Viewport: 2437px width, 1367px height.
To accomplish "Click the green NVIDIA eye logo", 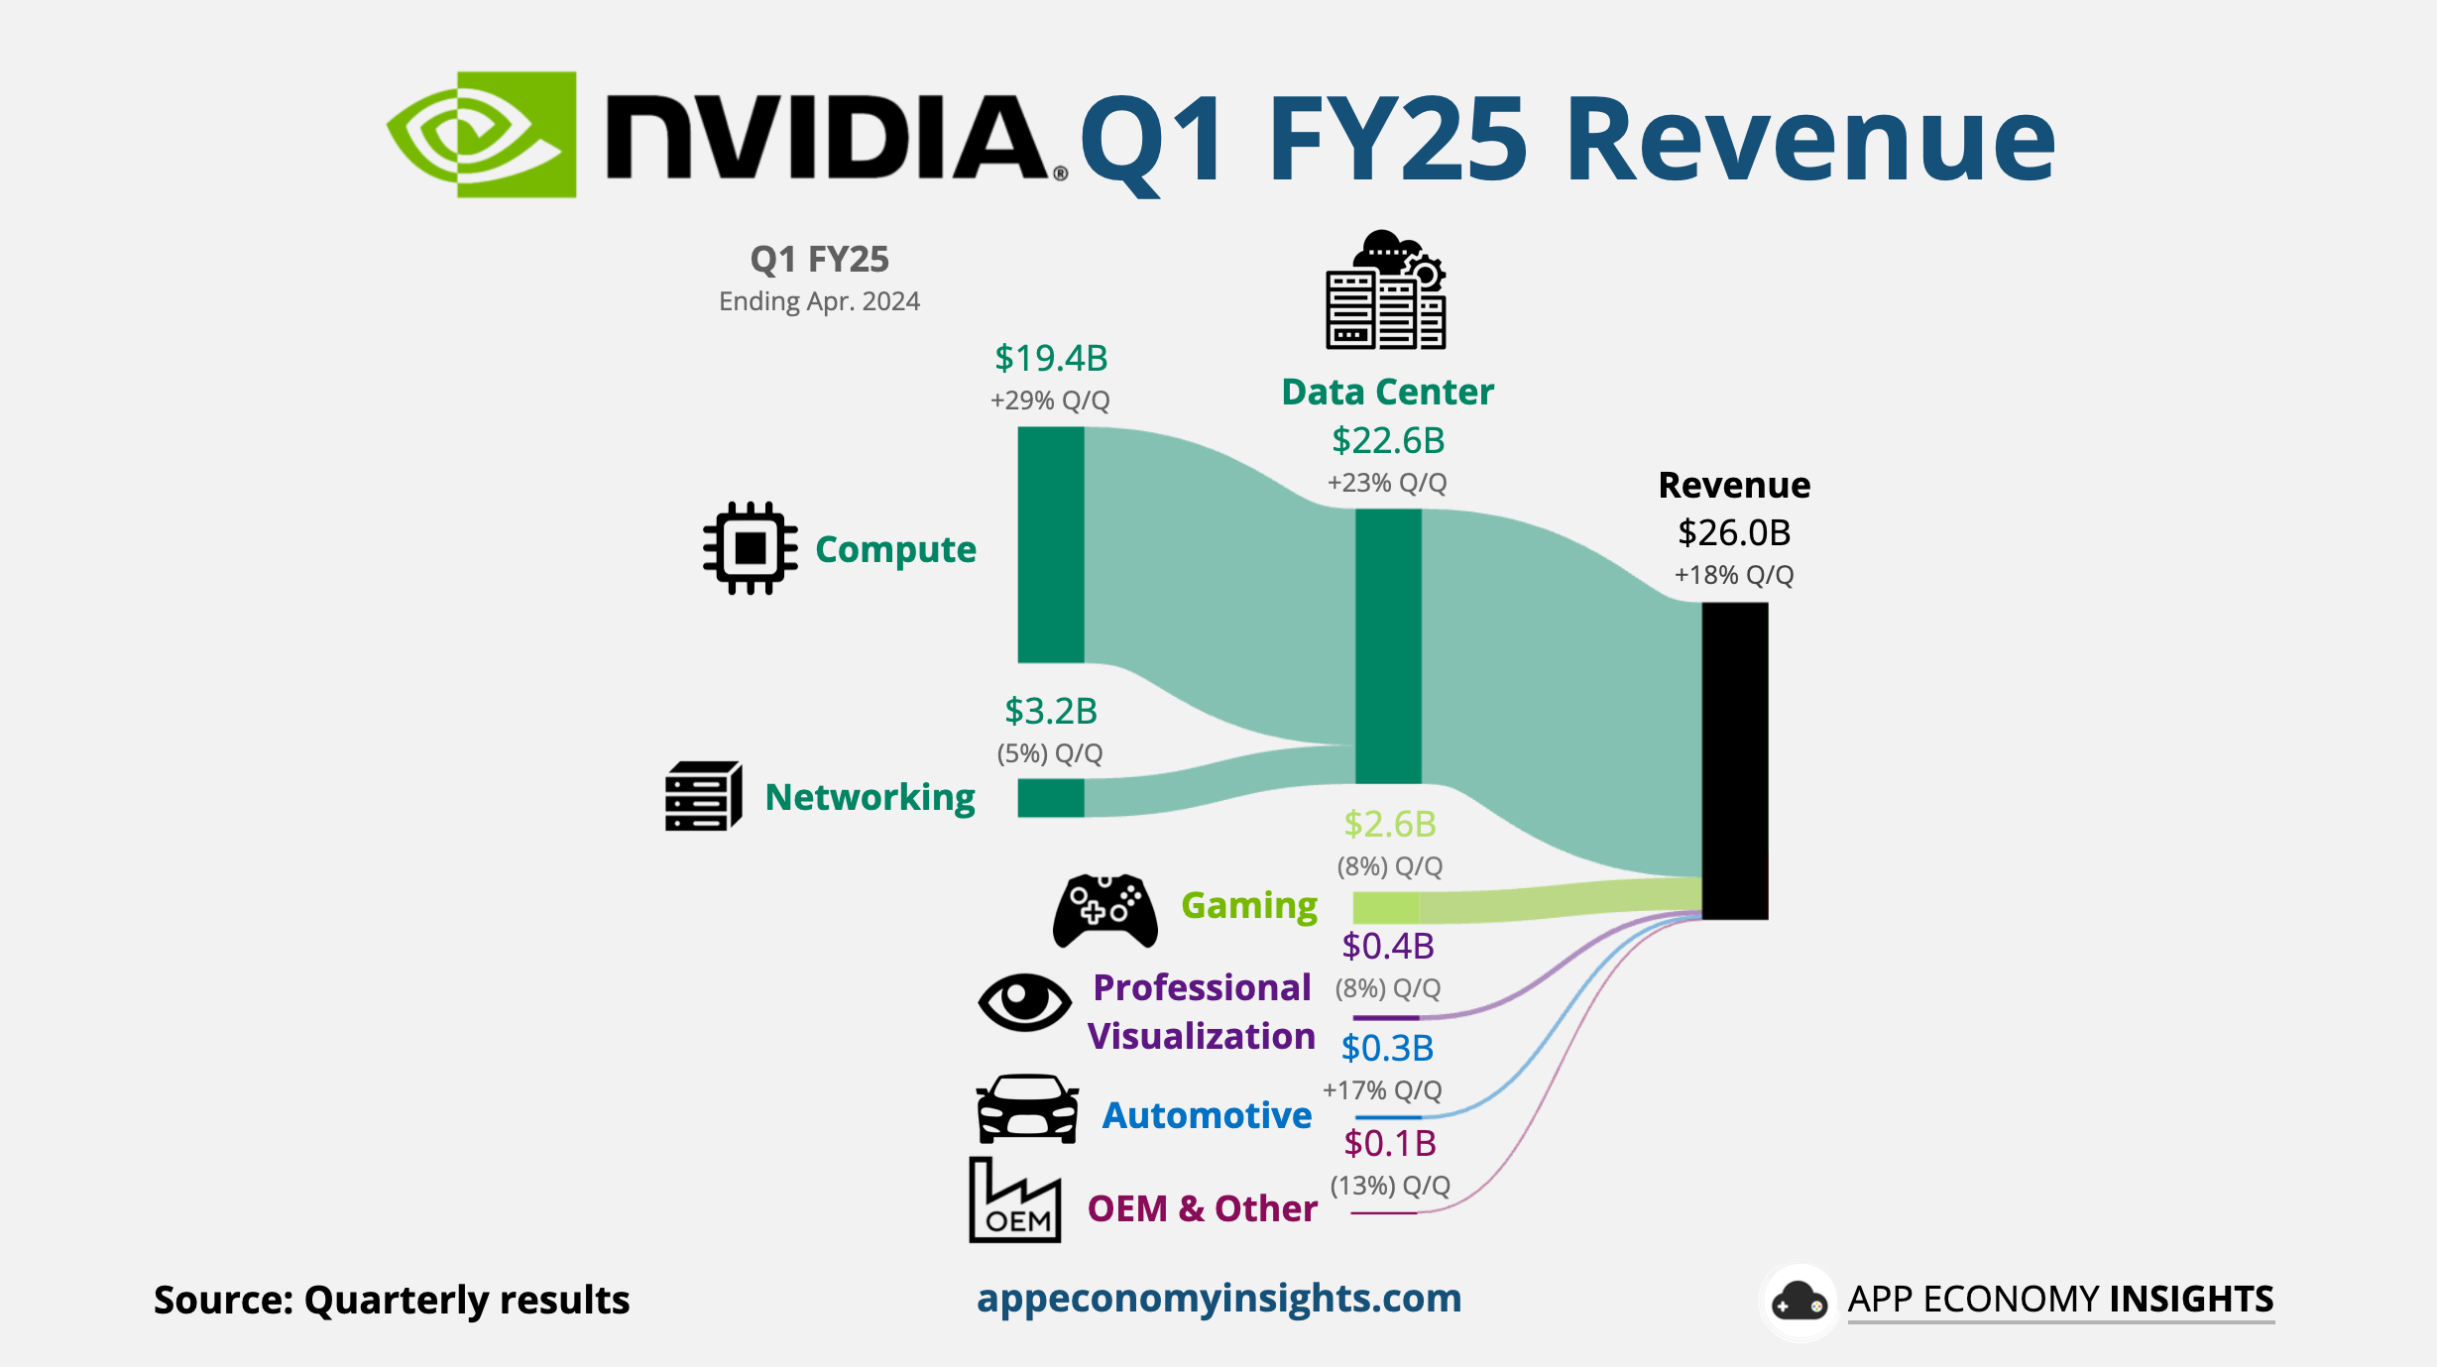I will coord(482,135).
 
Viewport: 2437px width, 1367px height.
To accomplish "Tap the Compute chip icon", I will coord(750,548).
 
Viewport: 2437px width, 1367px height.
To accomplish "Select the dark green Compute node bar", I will coord(1050,544).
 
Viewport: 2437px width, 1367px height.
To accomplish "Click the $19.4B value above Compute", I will coord(1051,359).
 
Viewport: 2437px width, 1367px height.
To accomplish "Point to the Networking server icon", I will coord(703,796).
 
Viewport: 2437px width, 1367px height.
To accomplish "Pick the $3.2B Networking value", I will coord(1051,712).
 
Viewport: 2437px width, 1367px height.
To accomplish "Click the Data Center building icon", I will coord(1386,290).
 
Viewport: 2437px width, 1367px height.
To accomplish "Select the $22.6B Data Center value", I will coord(1388,441).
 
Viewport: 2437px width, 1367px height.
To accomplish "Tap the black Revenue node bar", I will coord(1735,760).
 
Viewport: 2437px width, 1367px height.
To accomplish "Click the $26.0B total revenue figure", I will coord(1734,533).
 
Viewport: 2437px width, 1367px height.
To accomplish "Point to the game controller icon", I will coord(1104,910).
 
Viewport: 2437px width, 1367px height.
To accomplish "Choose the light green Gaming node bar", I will coord(1385,907).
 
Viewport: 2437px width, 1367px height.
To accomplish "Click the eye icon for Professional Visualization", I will coord(1024,1002).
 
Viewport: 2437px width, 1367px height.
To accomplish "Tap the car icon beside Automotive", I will coord(1027,1109).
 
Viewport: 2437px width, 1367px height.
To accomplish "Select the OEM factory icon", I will coord(1014,1200).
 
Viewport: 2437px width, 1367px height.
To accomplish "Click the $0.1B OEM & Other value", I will coord(1390,1144).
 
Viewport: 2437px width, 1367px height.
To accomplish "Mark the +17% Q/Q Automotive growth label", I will coord(1382,1090).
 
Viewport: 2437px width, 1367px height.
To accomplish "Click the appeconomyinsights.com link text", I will coord(1218,1299).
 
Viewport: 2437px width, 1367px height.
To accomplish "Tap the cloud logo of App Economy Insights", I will coord(1799,1302).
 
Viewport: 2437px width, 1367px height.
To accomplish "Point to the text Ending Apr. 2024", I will coord(819,301).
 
